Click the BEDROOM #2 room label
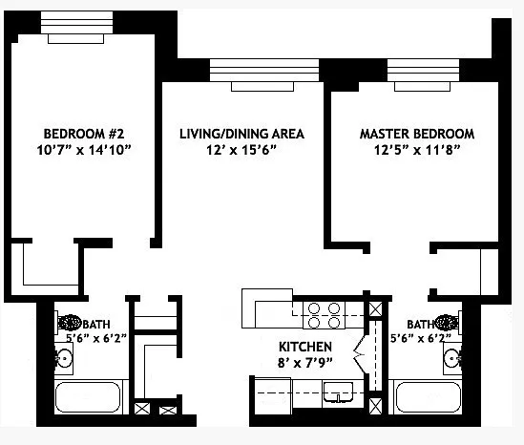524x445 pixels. tap(84, 134)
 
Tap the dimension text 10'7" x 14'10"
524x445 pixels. tap(83, 150)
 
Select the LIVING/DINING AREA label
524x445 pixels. tap(241, 134)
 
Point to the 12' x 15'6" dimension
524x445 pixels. tap(241, 150)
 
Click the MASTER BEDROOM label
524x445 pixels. tap(417, 134)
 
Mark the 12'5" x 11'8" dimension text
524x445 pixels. tap(417, 150)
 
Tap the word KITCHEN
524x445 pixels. tap(305, 347)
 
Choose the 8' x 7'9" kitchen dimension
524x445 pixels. tap(305, 363)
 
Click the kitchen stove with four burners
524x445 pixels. tap(324, 315)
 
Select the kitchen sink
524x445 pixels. tap(338, 392)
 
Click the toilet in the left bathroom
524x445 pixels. tap(69, 323)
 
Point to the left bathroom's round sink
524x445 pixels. tap(64, 359)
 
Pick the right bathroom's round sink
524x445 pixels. tap(452, 358)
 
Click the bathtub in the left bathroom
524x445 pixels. tap(88, 397)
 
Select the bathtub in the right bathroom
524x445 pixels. tap(428, 397)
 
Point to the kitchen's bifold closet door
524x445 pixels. tap(360, 355)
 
